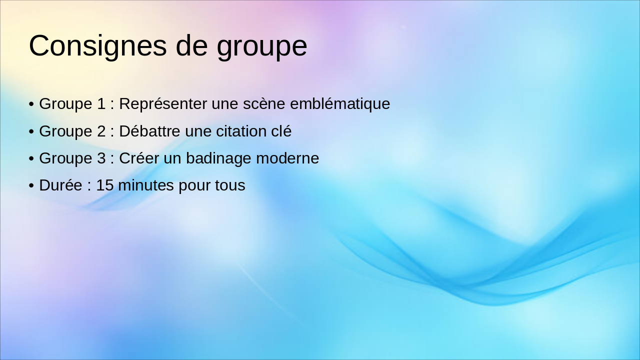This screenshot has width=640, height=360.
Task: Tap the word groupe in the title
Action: coord(261,46)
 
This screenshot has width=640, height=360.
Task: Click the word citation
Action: coord(242,131)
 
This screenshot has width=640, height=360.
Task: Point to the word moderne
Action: coord(287,158)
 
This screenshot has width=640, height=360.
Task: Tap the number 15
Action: coord(105,185)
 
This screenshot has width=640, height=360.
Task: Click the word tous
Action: coord(230,185)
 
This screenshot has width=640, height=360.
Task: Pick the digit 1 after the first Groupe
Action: coord(101,104)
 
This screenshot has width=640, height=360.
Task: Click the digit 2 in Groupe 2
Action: coord(101,131)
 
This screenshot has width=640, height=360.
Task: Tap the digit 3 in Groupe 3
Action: coord(101,158)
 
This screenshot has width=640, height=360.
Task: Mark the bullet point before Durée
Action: coord(31,186)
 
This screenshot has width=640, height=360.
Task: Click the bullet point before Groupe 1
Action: coord(31,104)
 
